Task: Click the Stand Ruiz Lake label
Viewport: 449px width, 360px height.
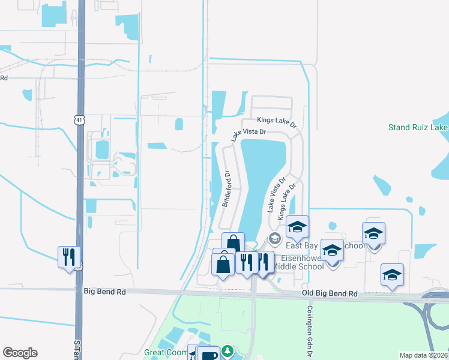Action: [418, 127]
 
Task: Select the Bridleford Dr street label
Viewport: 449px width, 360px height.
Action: [227, 188]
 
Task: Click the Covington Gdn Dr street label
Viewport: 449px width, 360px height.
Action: [310, 326]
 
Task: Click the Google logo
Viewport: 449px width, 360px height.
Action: [20, 353]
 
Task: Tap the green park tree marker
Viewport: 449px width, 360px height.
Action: [227, 350]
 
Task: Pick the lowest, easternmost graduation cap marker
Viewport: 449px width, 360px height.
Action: [392, 275]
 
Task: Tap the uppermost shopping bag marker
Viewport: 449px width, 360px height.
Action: [233, 243]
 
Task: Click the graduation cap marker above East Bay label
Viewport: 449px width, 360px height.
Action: [297, 226]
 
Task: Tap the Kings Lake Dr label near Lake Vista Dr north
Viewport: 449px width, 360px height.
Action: [277, 122]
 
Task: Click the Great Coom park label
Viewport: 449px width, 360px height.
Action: [165, 352]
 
